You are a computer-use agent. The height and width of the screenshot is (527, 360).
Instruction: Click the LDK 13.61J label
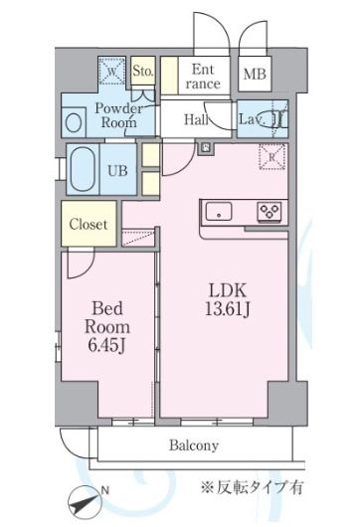(228, 299)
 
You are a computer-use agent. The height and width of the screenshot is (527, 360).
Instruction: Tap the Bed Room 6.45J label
(107, 327)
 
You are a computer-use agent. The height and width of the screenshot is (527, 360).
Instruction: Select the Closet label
(89, 224)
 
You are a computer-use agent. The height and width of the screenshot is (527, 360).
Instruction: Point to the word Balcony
(194, 445)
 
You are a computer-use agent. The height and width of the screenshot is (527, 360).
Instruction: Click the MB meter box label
(255, 74)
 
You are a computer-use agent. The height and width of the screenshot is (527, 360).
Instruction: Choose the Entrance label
(203, 77)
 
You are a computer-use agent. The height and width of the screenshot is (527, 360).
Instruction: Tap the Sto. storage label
(143, 71)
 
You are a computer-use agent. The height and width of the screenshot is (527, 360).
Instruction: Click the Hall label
(196, 119)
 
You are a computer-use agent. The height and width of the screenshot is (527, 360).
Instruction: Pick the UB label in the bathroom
(117, 171)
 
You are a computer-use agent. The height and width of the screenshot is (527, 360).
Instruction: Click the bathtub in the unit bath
(83, 169)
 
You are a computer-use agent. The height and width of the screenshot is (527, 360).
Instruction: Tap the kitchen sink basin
(219, 212)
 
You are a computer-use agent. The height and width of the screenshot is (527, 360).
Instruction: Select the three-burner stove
(270, 212)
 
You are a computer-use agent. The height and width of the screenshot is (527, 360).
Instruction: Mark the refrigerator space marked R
(271, 157)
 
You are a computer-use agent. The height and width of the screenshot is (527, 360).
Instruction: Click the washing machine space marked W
(112, 71)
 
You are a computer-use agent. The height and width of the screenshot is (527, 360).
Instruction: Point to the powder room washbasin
(74, 122)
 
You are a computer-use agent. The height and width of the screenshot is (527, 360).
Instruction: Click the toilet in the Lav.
(274, 119)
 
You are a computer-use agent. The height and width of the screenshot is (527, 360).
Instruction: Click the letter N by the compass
(104, 490)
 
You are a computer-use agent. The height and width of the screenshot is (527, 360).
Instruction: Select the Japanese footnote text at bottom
(253, 487)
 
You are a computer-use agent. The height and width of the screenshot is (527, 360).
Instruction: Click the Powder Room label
(119, 115)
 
